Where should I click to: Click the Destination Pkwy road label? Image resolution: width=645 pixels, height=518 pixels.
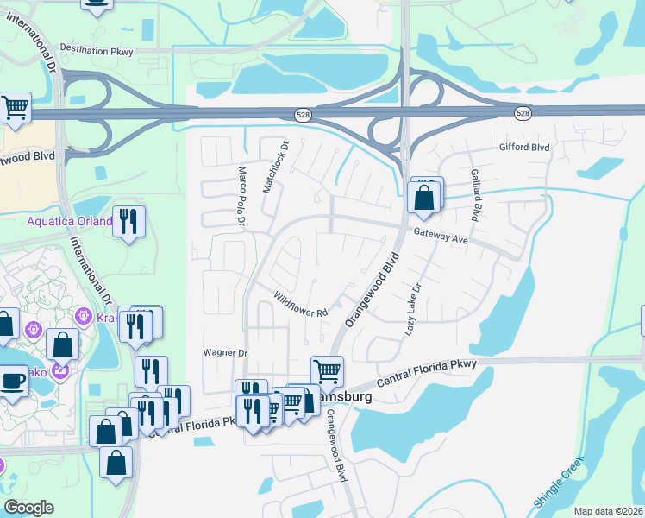pos(97,51)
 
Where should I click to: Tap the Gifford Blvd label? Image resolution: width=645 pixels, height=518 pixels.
pos(524,148)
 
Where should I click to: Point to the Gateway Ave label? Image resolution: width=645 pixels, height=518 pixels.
pos(440,236)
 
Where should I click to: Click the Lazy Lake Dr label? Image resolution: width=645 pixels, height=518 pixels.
pos(413,310)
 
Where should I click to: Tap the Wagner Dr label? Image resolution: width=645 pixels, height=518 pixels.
pos(225,352)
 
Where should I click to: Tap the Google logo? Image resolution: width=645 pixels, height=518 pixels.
pos(28,508)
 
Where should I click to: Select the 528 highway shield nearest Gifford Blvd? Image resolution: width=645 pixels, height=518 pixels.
pos(523,113)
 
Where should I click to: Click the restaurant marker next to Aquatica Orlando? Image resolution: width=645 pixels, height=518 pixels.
pos(128,220)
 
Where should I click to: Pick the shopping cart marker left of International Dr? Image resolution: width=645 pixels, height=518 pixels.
pos(15,107)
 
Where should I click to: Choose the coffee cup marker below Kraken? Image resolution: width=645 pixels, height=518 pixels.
pos(14,380)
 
